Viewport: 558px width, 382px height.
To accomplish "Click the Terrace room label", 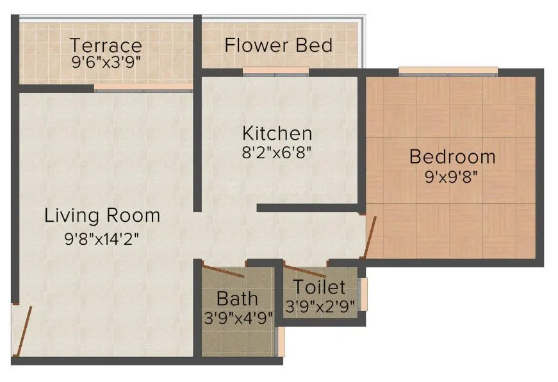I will (106, 46).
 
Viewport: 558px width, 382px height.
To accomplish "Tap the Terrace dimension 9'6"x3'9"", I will (106, 63).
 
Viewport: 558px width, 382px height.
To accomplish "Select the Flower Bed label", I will (279, 46).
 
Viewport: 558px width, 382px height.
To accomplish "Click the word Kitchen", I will (277, 133).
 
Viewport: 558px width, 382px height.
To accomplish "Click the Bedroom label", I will (452, 156).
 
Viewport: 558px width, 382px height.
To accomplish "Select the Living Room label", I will (102, 215).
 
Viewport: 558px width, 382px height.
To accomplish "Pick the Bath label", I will (237, 298).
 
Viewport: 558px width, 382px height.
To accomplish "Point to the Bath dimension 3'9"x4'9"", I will (237, 317).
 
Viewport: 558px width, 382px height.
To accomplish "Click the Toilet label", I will (319, 287).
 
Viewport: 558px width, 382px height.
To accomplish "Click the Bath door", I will (222, 270).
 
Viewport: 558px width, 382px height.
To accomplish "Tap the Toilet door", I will (305, 271).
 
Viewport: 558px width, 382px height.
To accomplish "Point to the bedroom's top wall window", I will (448, 71).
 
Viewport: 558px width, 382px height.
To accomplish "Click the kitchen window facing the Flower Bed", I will (276, 71).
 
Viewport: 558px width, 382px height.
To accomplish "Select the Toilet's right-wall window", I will (364, 294).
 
